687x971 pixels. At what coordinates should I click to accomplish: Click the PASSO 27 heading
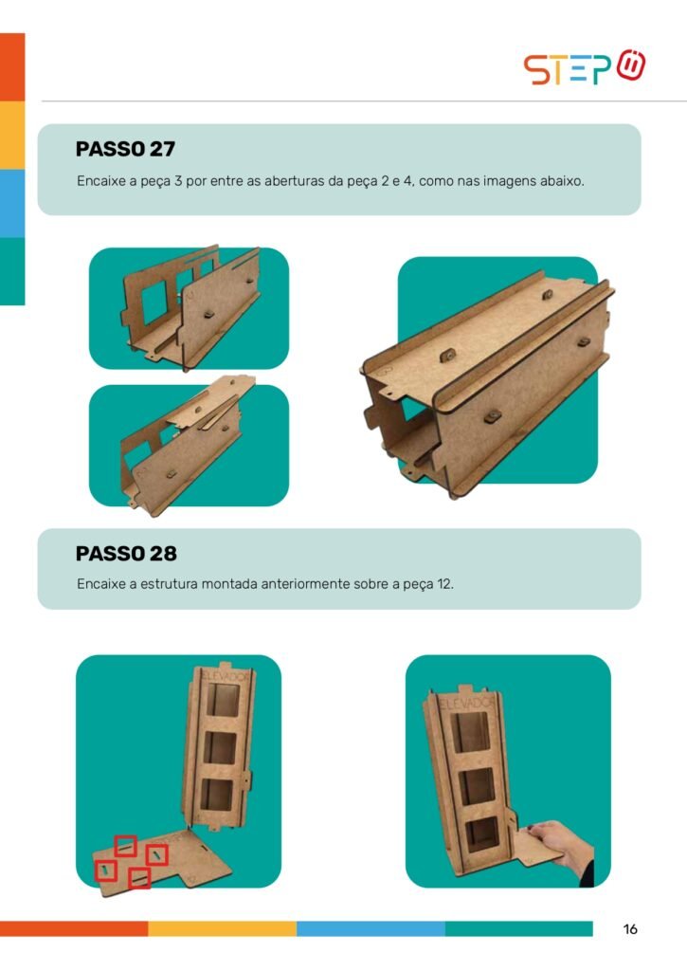tap(125, 149)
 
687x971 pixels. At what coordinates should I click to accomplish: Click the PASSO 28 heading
tap(126, 554)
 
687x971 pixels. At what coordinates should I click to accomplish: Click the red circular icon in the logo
tap(631, 65)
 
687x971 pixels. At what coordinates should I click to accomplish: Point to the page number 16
tap(630, 929)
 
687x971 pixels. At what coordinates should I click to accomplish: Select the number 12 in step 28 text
tap(444, 584)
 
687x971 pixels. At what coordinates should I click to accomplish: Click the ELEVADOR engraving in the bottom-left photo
tap(226, 676)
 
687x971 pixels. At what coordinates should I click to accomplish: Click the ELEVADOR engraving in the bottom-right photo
tap(467, 703)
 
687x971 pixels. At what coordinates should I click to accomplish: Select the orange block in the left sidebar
tap(12, 67)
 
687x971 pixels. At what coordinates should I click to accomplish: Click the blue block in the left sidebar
tap(12, 203)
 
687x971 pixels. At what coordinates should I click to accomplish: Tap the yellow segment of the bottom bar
tap(222, 928)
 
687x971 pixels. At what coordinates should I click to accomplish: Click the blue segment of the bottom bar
tap(371, 928)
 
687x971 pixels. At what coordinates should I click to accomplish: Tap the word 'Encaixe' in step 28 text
tap(100, 584)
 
